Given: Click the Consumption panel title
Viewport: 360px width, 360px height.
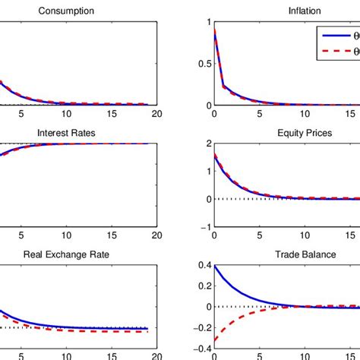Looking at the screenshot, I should [x=66, y=12].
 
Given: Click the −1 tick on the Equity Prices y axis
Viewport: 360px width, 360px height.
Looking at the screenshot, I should [x=202, y=227].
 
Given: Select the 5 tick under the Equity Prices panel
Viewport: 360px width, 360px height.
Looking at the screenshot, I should [x=258, y=236].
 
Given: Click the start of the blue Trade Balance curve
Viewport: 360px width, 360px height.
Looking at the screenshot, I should [x=214, y=265].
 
